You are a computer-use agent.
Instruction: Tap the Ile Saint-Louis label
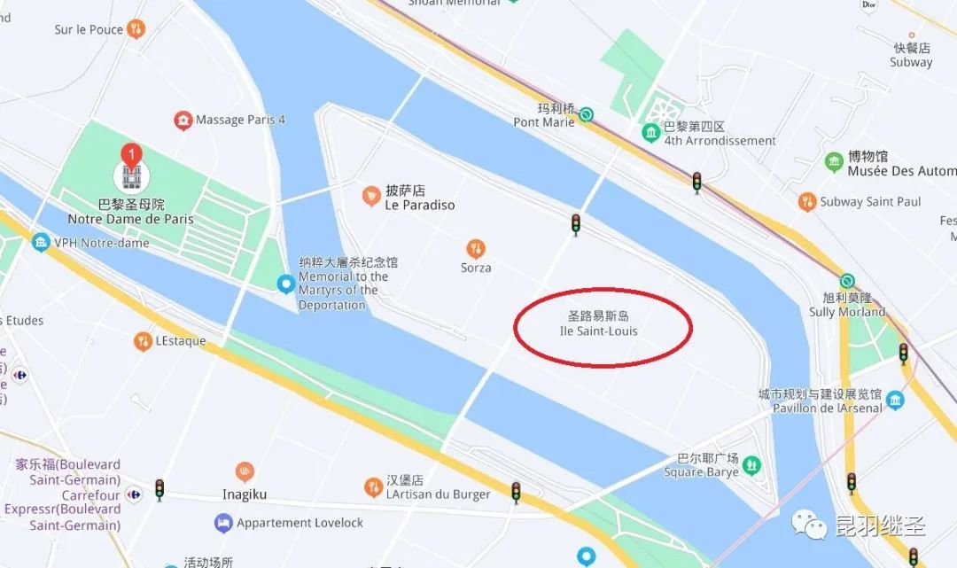point(599,323)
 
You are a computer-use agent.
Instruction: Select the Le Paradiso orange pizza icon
point(371,196)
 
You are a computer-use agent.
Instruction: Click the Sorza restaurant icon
point(476,249)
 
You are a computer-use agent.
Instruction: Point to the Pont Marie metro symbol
point(586,113)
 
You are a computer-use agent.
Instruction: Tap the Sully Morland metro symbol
point(847,281)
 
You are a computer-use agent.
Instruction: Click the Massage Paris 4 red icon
point(183,120)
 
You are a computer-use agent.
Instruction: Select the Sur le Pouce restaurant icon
point(136,29)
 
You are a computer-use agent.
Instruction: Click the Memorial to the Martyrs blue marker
point(285,284)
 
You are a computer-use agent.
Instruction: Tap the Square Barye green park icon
point(751,464)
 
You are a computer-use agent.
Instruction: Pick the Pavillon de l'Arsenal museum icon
point(895,400)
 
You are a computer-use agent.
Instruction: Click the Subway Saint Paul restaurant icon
point(806,202)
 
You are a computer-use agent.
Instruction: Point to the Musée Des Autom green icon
point(834,162)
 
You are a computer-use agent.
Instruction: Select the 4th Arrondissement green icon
point(651,133)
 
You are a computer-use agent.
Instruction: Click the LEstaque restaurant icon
point(142,341)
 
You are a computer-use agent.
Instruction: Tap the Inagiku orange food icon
point(245,471)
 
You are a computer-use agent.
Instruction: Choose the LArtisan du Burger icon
point(374,486)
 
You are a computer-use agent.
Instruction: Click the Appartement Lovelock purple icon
point(223,523)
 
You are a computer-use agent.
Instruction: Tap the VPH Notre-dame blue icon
point(41,242)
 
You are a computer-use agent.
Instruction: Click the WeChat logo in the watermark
point(812,525)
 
